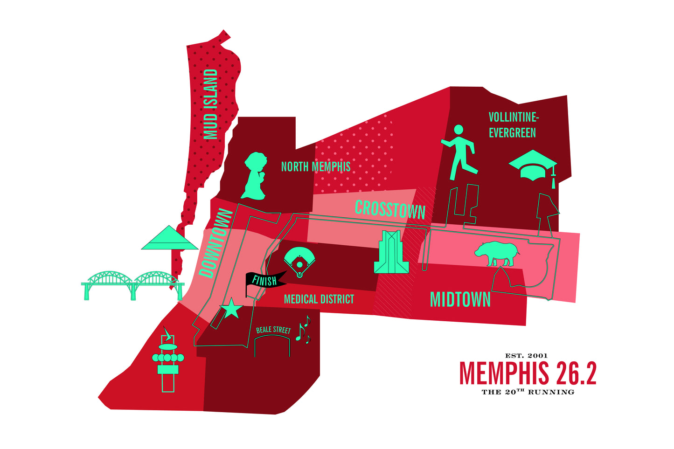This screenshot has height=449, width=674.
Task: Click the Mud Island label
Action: (x=211, y=104)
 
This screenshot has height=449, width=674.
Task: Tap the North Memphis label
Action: (x=315, y=166)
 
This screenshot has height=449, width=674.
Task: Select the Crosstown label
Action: (x=390, y=209)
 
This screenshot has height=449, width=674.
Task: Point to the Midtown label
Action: (x=460, y=299)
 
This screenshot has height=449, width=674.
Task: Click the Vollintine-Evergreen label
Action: (x=512, y=125)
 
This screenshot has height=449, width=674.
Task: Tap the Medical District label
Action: (x=319, y=299)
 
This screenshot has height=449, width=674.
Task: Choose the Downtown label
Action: (x=215, y=244)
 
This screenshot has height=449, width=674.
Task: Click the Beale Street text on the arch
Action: (x=273, y=330)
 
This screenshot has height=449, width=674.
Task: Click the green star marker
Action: (x=231, y=309)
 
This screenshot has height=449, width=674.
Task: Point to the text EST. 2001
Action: (x=526, y=356)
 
